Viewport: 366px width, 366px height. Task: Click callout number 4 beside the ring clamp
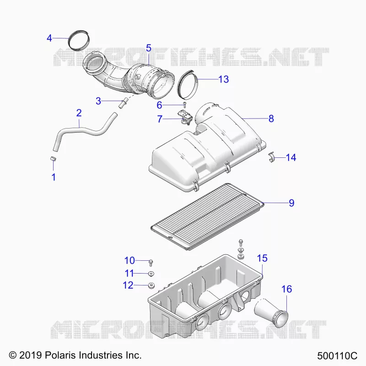pyautogui.click(x=49, y=38)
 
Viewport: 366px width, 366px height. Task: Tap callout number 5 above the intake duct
pyautogui.click(x=148, y=48)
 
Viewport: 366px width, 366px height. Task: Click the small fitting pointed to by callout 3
pyautogui.click(x=123, y=102)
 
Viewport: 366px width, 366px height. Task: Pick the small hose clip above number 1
pyautogui.click(x=54, y=158)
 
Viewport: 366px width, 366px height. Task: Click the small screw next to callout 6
pyautogui.click(x=185, y=105)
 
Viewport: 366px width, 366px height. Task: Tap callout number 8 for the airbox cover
pyautogui.click(x=271, y=118)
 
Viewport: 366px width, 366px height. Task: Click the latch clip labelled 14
pyautogui.click(x=271, y=157)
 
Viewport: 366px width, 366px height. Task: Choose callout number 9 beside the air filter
pyautogui.click(x=291, y=203)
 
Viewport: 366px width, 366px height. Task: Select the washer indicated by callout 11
pyautogui.click(x=151, y=273)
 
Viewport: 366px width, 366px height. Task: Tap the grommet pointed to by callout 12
pyautogui.click(x=151, y=285)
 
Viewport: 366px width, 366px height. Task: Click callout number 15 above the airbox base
pyautogui.click(x=262, y=258)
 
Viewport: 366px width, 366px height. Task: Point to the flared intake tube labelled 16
pyautogui.click(x=271, y=312)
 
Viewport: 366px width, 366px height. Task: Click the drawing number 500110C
pyautogui.click(x=337, y=356)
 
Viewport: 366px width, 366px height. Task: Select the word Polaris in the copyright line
pyautogui.click(x=60, y=355)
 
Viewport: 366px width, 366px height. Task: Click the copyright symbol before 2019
pyautogui.click(x=13, y=355)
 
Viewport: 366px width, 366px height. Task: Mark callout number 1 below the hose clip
pyautogui.click(x=54, y=177)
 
